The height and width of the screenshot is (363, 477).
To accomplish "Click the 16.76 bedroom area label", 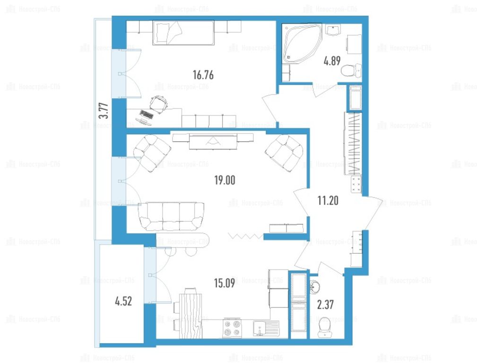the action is click(203, 75).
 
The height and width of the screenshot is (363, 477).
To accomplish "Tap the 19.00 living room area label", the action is click(225, 180).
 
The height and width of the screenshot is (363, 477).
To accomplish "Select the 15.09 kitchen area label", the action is click(225, 283).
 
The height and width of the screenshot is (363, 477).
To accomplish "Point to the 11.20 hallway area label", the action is click(328, 201).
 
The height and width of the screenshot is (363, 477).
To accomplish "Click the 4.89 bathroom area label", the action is click(332, 61).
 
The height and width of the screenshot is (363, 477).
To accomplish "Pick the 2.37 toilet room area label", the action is click(326, 304).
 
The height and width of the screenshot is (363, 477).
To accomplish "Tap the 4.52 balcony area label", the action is click(123, 301).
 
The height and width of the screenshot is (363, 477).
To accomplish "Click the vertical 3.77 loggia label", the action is click(104, 111).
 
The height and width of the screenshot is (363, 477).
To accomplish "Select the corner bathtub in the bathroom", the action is click(302, 43).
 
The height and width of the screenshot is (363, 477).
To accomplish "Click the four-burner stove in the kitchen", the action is click(233, 328).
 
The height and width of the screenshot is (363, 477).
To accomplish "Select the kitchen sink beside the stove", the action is click(266, 328).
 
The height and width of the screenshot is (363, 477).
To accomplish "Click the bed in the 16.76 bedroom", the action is click(183, 33).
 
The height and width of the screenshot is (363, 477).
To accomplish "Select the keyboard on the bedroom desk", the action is click(147, 114).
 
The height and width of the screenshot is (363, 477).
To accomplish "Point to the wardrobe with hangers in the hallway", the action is click(353, 144).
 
